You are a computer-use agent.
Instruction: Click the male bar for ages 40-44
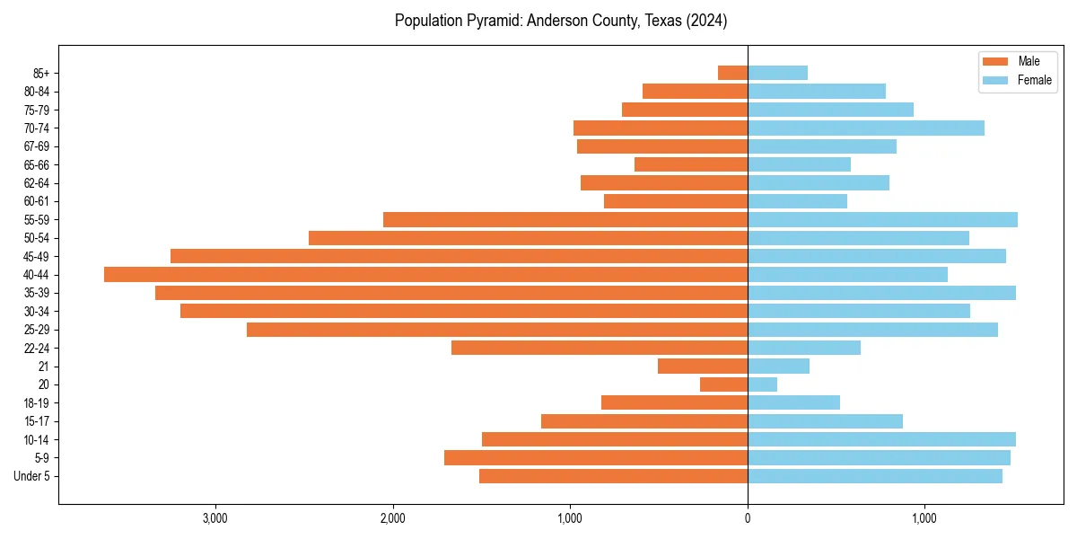(x=425, y=275)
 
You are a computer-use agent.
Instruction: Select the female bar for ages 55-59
(x=882, y=220)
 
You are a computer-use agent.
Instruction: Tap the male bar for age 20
(x=723, y=384)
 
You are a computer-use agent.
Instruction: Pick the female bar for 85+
(x=777, y=73)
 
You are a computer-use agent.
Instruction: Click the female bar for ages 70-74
(x=865, y=128)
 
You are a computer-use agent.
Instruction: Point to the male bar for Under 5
(x=613, y=476)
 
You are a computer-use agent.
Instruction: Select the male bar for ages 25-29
(x=496, y=330)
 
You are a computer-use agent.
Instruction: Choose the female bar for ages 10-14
(x=881, y=439)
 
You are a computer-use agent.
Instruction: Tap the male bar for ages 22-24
(x=599, y=348)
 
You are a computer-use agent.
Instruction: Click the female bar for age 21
(x=778, y=367)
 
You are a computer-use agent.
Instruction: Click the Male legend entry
(x=1029, y=61)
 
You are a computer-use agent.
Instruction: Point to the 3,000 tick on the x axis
(x=215, y=518)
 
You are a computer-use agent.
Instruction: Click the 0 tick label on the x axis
(x=748, y=518)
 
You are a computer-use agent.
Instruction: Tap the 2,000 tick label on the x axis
(x=392, y=518)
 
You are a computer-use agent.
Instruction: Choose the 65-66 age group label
(x=36, y=165)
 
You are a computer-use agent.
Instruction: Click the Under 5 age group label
(x=32, y=476)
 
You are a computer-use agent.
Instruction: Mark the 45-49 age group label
(x=36, y=257)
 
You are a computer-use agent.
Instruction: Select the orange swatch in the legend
(x=995, y=61)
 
